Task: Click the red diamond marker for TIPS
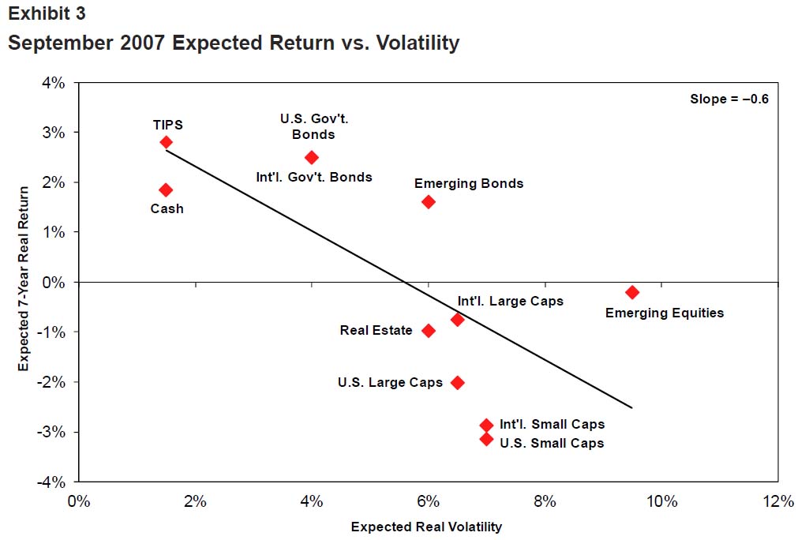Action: pos(166,142)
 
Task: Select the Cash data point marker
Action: pos(166,189)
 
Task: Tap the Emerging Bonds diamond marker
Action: pos(429,201)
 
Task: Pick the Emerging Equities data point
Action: pos(632,292)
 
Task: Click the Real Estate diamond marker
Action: pos(429,331)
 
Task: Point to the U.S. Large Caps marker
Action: pos(457,382)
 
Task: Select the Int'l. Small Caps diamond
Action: pos(486,425)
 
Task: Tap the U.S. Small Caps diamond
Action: pos(486,439)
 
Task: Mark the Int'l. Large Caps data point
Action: pos(457,319)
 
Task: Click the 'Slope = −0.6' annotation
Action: pos(729,99)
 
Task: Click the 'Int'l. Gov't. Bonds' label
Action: pos(314,177)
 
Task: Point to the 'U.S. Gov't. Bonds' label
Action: pos(314,126)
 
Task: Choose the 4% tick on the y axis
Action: pos(55,82)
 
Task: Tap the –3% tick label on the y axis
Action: pos(53,432)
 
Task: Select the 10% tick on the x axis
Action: pos(661,501)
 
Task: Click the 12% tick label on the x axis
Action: pos(778,501)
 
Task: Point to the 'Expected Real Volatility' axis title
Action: pos(426,527)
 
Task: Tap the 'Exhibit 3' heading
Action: pos(47,13)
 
